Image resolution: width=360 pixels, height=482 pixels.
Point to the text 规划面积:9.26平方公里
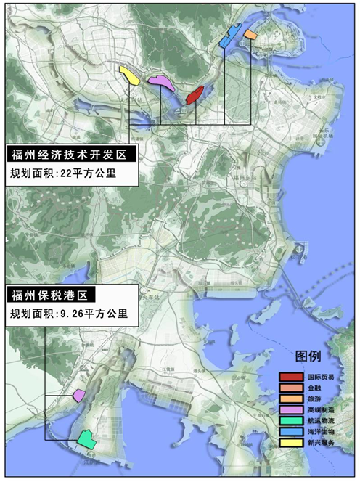point(69,314)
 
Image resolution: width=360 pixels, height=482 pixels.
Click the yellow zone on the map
point(130,75)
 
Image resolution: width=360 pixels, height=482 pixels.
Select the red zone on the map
point(195,94)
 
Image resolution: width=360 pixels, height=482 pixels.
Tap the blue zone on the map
point(231,36)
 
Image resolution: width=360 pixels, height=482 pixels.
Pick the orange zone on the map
point(250,34)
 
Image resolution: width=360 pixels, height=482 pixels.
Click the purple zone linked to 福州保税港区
point(79,396)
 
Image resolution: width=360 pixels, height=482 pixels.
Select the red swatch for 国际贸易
point(291,378)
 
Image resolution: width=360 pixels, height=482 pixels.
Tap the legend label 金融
point(314,389)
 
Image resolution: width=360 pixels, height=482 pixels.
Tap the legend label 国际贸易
point(320,378)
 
